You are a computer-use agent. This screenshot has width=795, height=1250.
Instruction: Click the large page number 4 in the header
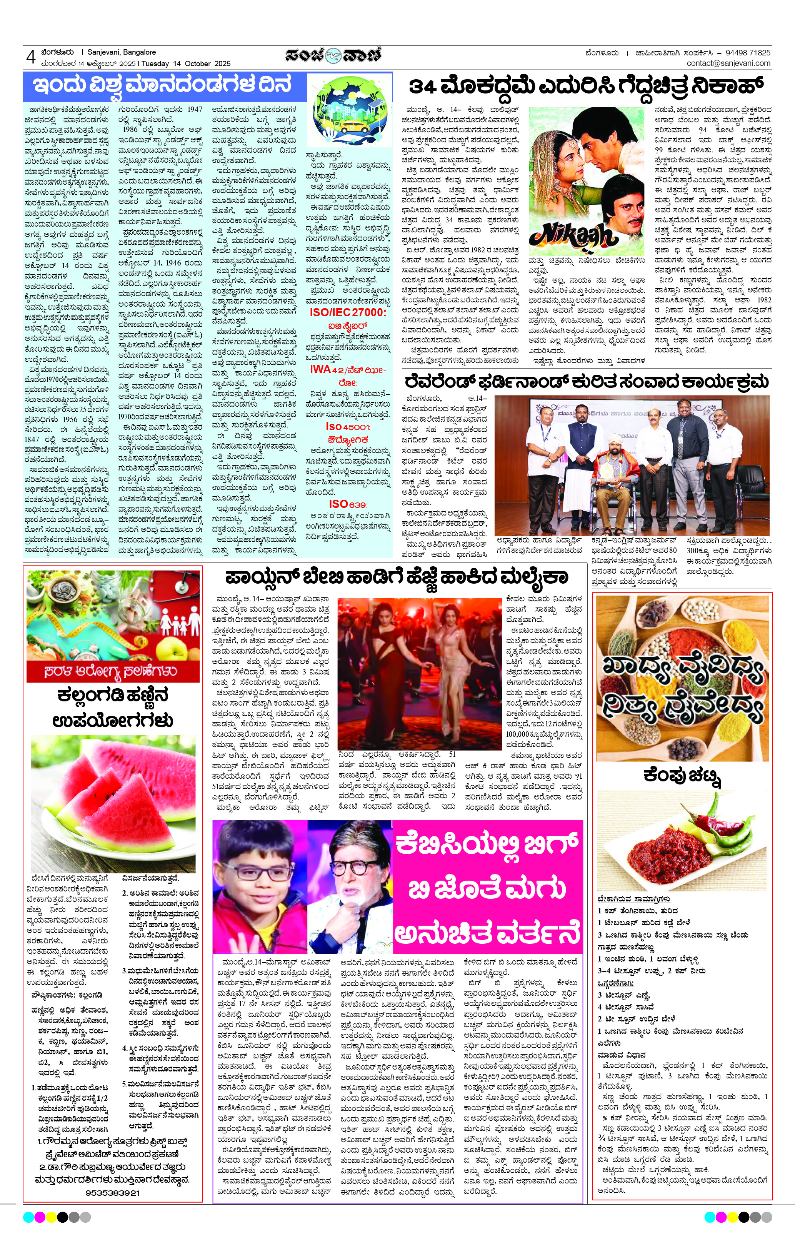pyautogui.click(x=31, y=57)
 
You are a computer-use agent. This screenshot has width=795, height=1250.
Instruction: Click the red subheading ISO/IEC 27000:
pyautogui.click(x=348, y=312)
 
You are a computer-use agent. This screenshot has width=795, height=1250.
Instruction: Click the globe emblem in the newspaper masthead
pyautogui.click(x=333, y=55)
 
